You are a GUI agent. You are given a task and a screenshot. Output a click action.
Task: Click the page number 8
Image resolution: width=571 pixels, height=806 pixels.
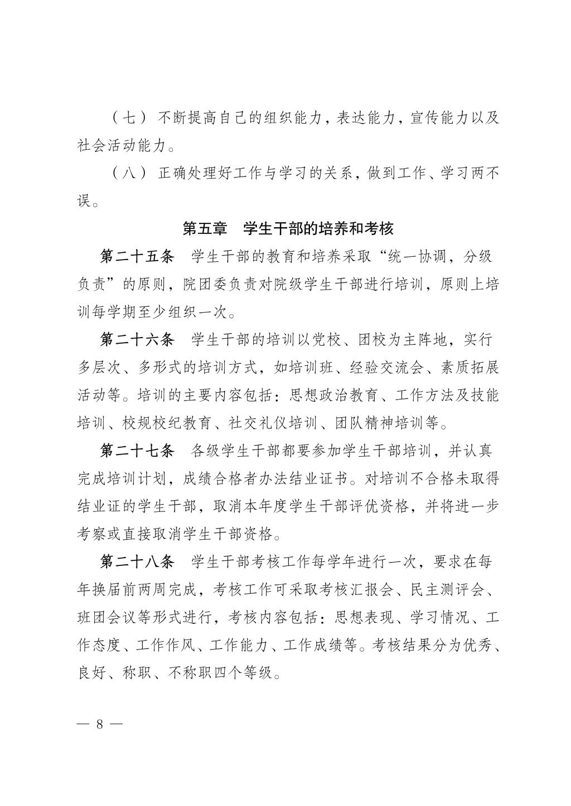[100, 724]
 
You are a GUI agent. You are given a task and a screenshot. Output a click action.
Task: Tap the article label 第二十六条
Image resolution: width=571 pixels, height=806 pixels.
[138, 340]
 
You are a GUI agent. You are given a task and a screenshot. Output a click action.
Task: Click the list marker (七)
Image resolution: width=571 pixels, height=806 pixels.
[129, 118]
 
